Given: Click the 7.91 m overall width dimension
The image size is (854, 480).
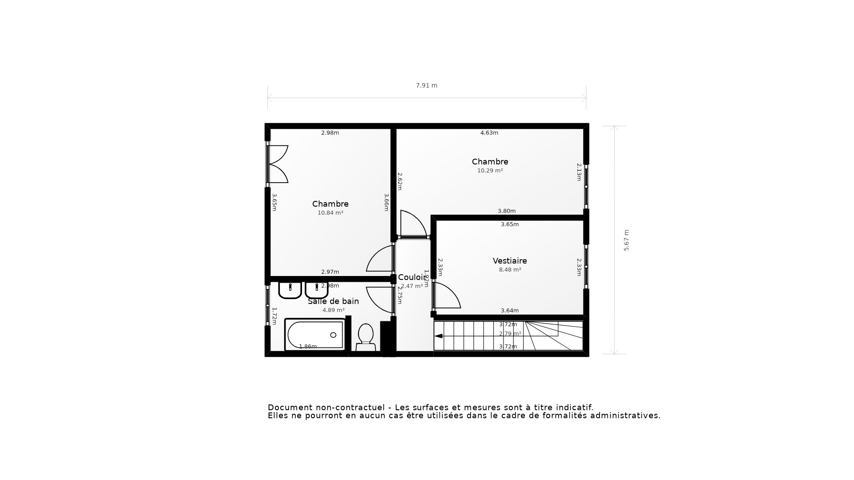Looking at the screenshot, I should pos(427,85).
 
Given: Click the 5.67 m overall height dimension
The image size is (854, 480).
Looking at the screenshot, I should pos(626,240).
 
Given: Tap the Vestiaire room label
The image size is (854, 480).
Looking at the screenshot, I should pos(510,261).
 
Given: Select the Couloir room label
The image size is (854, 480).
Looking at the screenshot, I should pos(411,277).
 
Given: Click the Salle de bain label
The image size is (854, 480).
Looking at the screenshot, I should pos(333,301).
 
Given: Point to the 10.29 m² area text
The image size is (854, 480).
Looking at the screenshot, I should pos(490,171).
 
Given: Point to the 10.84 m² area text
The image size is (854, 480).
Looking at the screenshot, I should pos(330,213).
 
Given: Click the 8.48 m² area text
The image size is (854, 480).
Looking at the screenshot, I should pos(510,270).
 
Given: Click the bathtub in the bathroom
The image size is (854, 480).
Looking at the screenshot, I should pos(315,335).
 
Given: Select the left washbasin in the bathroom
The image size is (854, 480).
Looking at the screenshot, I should pos(290,290).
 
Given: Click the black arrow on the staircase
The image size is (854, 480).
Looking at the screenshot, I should pos(439,336).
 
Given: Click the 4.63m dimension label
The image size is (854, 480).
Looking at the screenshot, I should pos(489,133).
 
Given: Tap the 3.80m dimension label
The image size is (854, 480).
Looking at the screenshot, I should pos(506,211).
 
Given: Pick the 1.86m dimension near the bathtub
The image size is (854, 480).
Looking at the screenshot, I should pos(308,347).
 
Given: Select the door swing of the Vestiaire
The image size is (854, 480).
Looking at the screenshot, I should pos(447,296).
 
